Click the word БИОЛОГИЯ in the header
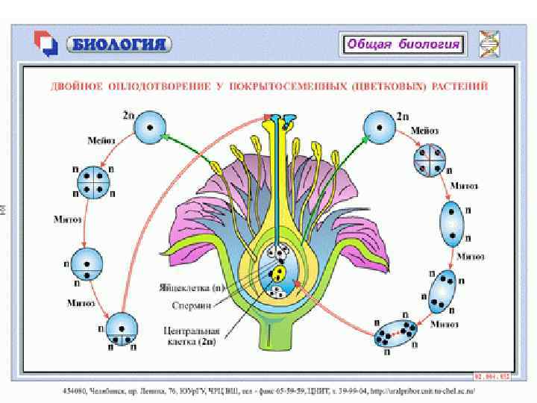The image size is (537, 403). tap(119, 43)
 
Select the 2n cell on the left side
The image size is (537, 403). tap(149, 126)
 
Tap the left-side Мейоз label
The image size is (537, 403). tap(101, 140)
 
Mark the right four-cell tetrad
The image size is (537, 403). tap(431, 160)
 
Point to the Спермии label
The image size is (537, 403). tap(195, 306)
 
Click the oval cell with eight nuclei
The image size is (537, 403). tap(397, 334)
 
